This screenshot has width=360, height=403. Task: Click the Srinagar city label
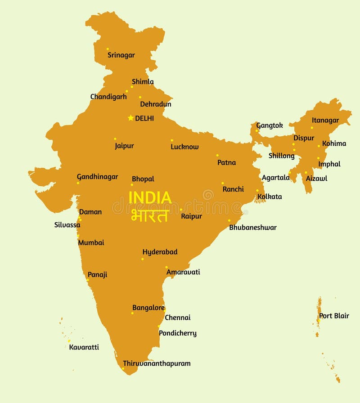click(121, 55)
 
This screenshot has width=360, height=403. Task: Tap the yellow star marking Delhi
click(130, 118)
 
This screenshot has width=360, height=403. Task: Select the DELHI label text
click(144, 118)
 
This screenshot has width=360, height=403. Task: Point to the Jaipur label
click(124, 146)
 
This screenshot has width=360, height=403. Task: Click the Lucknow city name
click(184, 147)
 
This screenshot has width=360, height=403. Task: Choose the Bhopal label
click(143, 179)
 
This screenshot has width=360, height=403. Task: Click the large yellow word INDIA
click(150, 197)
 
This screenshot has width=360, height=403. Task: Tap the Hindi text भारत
click(150, 215)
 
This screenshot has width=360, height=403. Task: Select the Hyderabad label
click(160, 252)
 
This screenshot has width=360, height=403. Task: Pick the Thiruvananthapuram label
click(157, 363)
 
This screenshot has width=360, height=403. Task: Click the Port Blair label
click(334, 316)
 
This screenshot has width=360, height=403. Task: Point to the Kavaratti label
click(84, 347)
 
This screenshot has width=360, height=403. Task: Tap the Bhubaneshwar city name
click(253, 227)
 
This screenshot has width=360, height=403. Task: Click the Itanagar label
click(325, 121)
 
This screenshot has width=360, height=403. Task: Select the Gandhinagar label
click(97, 177)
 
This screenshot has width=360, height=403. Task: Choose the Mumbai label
click(91, 242)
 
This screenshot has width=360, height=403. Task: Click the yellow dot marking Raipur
click(181, 210)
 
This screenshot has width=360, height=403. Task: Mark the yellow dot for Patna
click(217, 156)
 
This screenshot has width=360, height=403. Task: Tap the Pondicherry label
click(178, 333)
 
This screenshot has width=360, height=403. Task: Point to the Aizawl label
click(316, 179)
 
